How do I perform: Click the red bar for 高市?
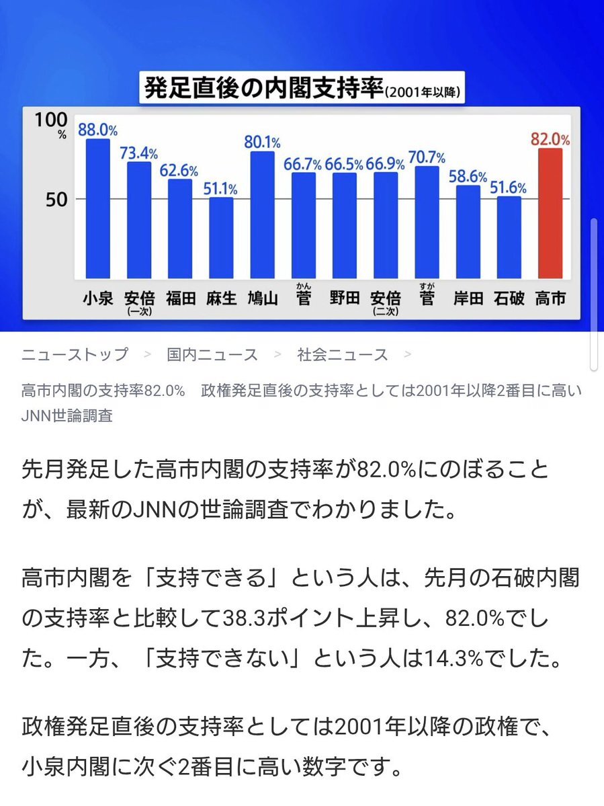click(x=550, y=213)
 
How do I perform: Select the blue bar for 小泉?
click(x=97, y=208)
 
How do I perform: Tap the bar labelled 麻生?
click(x=221, y=238)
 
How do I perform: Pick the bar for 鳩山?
click(x=262, y=215)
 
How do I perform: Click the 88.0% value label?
click(x=98, y=130)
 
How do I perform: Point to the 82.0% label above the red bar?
click(x=550, y=139)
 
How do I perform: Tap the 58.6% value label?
click(x=468, y=177)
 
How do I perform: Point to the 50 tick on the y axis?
click(x=52, y=199)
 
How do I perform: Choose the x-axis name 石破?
click(x=509, y=298)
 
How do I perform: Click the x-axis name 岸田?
click(x=468, y=298)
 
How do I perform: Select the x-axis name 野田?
click(x=345, y=298)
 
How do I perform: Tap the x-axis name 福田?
click(x=180, y=298)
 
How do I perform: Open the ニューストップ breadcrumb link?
click(x=74, y=354)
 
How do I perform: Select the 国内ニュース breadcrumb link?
click(x=212, y=354)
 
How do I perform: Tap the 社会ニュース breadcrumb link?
click(x=343, y=354)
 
